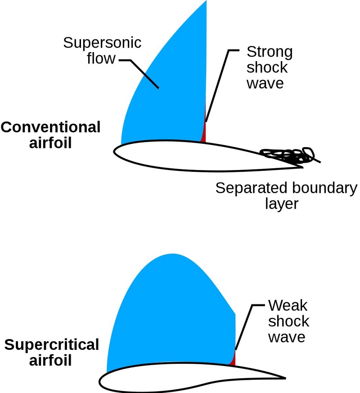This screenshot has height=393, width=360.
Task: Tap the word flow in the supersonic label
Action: pyautogui.click(x=101, y=58)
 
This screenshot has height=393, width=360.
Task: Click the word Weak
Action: pyautogui.click(x=288, y=305)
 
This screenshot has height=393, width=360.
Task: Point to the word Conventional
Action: pyautogui.click(x=50, y=127)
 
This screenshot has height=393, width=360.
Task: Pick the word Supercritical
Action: pyautogui.click(x=52, y=345)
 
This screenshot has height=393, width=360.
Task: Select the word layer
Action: pyautogui.click(x=282, y=204)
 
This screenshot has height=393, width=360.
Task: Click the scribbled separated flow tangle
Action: pyautogui.click(x=288, y=156)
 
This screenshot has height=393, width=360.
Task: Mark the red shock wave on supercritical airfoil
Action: pyautogui.click(x=233, y=359)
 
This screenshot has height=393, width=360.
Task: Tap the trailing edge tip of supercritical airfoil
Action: pyautogui.click(x=285, y=378)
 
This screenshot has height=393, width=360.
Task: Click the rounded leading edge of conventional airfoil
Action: pyautogui.click(x=114, y=152)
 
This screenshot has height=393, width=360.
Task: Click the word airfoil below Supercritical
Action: pyautogui.click(x=50, y=361)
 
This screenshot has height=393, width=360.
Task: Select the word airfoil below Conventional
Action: pyautogui.click(x=50, y=143)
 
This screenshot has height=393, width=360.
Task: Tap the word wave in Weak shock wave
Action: pyautogui.click(x=287, y=337)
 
